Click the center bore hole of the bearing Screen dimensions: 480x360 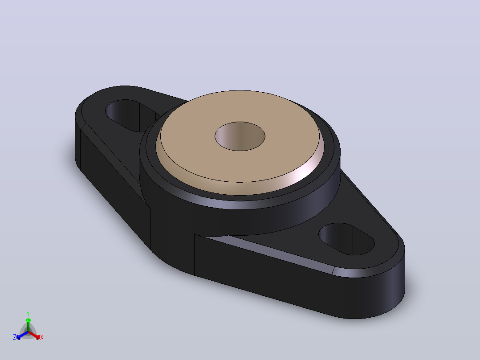click(x=240, y=136)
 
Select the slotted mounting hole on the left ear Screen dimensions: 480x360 click(x=132, y=115)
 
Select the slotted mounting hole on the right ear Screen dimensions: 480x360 click(x=346, y=239)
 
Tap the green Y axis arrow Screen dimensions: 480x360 click(x=28, y=324)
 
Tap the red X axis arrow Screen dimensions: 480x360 click(x=35, y=335)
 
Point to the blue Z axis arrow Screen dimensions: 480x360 click(x=22, y=335)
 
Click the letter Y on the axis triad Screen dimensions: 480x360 click(x=28, y=313)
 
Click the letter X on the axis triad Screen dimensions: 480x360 click(x=42, y=337)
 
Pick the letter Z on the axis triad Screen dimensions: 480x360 click(x=15, y=337)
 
